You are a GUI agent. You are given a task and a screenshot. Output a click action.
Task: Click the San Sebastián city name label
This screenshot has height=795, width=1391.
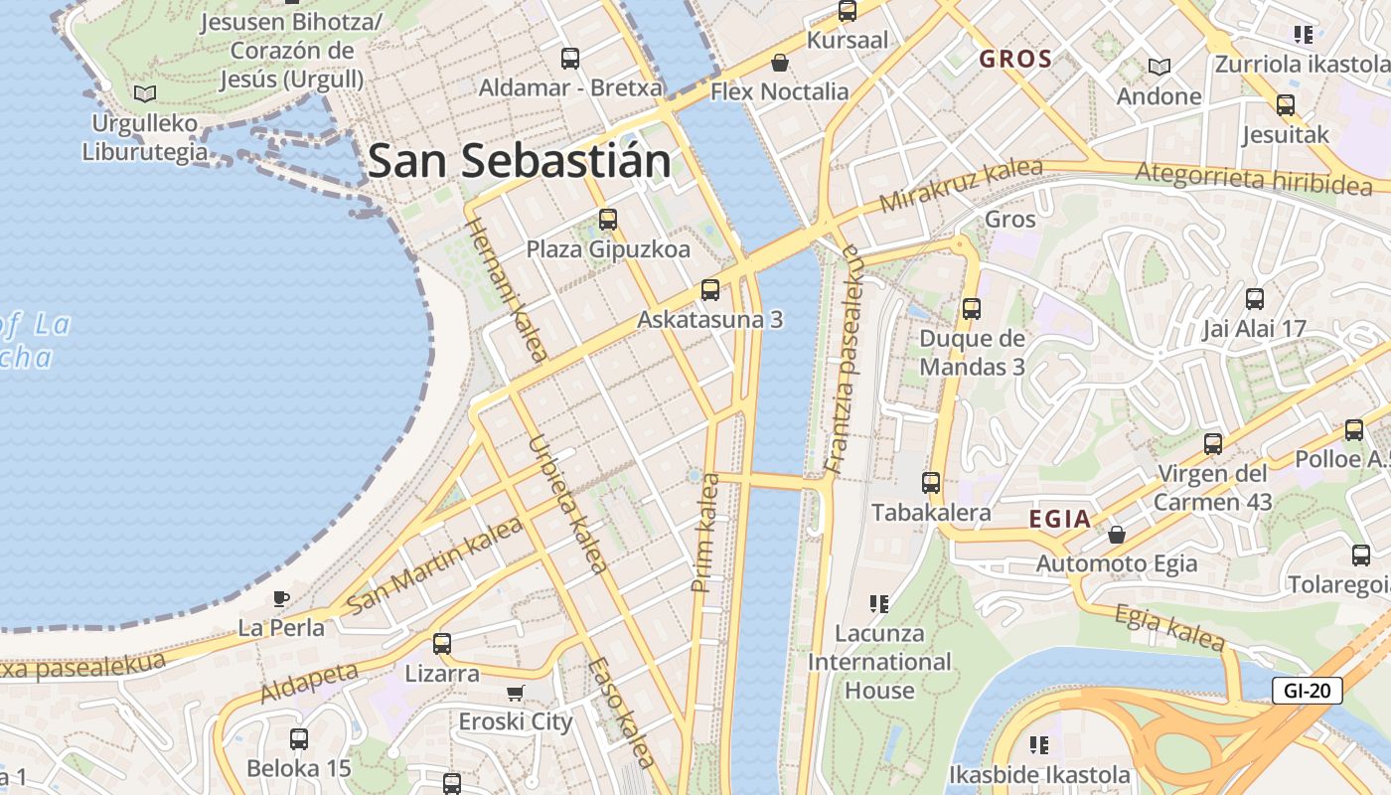pos(519,161)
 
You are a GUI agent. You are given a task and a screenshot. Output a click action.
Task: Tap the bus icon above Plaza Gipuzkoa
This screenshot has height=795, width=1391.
pos(607,220)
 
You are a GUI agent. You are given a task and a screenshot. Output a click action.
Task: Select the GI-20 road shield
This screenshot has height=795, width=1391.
pos(1307,690)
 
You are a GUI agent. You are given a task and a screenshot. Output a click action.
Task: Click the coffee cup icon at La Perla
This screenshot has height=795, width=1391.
pos(281,598)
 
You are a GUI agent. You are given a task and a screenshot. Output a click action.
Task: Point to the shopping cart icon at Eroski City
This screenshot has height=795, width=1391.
pos(515,693)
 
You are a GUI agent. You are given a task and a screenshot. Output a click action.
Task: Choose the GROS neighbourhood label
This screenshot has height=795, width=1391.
pos(1015,59)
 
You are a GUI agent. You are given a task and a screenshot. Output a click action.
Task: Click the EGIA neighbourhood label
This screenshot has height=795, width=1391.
pos(1060,519)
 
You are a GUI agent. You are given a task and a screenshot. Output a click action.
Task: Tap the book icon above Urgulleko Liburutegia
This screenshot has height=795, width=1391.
pos(145,93)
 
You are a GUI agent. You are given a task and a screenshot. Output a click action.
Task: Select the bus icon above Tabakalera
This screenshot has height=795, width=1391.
pos(931,483)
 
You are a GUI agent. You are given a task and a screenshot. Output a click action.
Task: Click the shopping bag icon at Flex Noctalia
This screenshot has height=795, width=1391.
pos(780,63)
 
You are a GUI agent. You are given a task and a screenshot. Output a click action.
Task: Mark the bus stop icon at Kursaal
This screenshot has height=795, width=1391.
pos(847,11)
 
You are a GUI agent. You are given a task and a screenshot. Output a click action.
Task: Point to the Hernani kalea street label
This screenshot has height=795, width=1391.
pos(507,288)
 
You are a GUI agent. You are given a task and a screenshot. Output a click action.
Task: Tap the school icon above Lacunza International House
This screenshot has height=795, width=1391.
pos(878,603)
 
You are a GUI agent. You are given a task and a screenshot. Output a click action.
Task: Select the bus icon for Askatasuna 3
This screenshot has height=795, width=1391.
pos(709,290)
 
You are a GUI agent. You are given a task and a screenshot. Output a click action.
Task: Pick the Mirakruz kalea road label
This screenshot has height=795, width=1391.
pos(961,186)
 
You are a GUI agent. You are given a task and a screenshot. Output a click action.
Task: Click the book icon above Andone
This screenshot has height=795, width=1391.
pos(1159,67)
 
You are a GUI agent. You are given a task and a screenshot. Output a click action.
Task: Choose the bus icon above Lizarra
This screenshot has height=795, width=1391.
pos(442,644)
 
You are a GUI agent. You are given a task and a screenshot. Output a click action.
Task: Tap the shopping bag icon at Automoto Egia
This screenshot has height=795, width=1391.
pos(1117,535)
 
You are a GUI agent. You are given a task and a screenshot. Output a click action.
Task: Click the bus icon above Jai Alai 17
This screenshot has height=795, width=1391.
pos(1254,299)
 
